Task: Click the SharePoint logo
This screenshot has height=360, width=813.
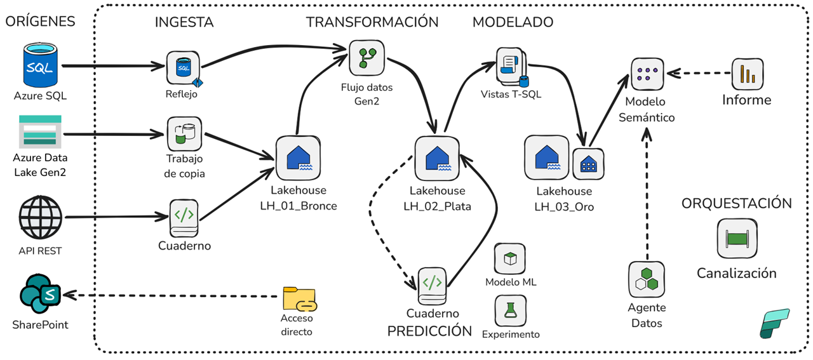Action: [40, 295]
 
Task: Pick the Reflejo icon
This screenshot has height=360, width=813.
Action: [183, 68]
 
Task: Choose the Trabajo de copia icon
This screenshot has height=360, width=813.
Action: [184, 133]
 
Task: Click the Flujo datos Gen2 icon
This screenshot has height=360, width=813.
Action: [366, 57]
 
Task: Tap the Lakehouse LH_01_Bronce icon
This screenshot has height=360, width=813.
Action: [297, 158]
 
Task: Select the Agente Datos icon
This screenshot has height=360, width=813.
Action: [646, 279]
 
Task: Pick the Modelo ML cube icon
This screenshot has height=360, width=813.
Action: [510, 259]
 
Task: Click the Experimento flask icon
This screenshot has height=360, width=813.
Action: [510, 310]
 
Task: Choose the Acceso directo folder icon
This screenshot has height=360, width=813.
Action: [299, 299]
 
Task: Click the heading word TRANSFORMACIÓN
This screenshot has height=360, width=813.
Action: [372, 22]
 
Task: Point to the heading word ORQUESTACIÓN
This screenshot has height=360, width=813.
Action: [736, 204]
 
